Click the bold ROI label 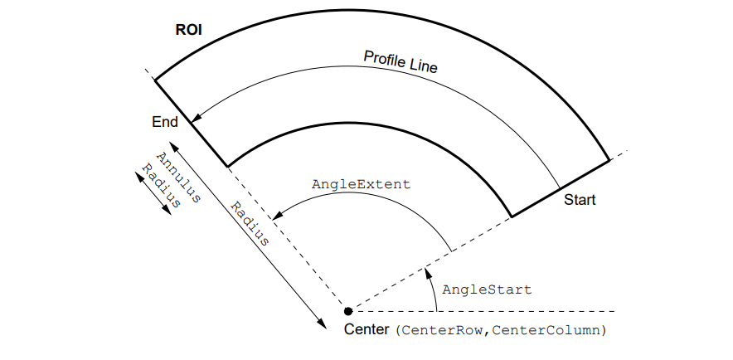tap(189, 32)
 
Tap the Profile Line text tap(400, 61)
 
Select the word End tap(165, 122)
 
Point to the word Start tap(580, 200)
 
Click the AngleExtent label tap(361, 184)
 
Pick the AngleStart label tap(487, 289)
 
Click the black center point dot tap(348, 312)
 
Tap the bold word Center tap(366, 329)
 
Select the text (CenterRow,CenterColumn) tap(501, 330)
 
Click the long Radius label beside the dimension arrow tap(250, 224)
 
